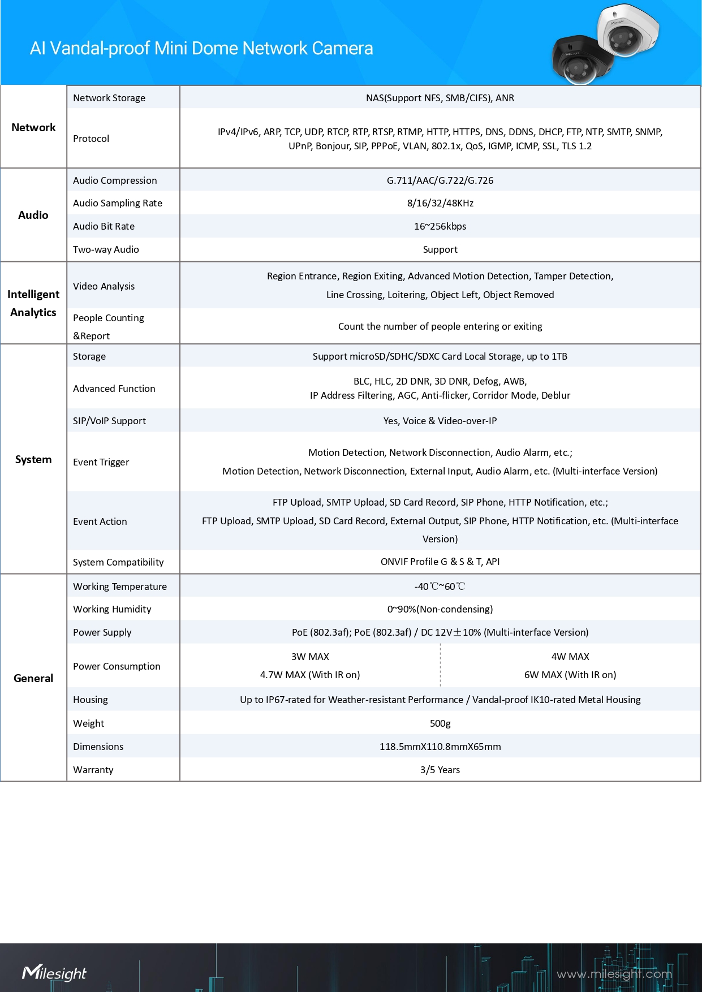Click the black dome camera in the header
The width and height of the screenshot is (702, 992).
point(578,61)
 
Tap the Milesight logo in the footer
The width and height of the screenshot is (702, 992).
point(54,973)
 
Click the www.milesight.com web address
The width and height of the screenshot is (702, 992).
point(614,974)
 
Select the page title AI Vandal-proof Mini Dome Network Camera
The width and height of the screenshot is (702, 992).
point(201,49)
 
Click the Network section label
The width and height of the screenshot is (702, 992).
point(33,127)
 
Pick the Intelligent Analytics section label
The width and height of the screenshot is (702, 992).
point(33,303)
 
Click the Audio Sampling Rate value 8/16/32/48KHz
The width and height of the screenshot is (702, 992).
point(440,203)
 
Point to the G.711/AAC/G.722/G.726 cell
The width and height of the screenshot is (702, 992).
point(440,180)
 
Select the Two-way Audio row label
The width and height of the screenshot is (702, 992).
point(106,249)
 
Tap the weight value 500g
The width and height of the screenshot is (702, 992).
point(440,723)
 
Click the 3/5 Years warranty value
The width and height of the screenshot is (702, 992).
point(440,770)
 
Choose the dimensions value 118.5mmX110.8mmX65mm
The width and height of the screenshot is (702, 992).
point(440,747)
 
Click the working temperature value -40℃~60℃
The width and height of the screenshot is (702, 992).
point(440,586)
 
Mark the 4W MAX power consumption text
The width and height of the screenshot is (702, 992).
point(570,657)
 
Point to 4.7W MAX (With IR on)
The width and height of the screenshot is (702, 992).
point(310,675)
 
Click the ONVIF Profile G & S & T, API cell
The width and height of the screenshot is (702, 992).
point(440,562)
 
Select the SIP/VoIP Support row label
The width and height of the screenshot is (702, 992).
point(109,421)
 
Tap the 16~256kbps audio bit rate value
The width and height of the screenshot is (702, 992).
point(440,226)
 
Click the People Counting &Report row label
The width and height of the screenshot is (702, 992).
point(108,326)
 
